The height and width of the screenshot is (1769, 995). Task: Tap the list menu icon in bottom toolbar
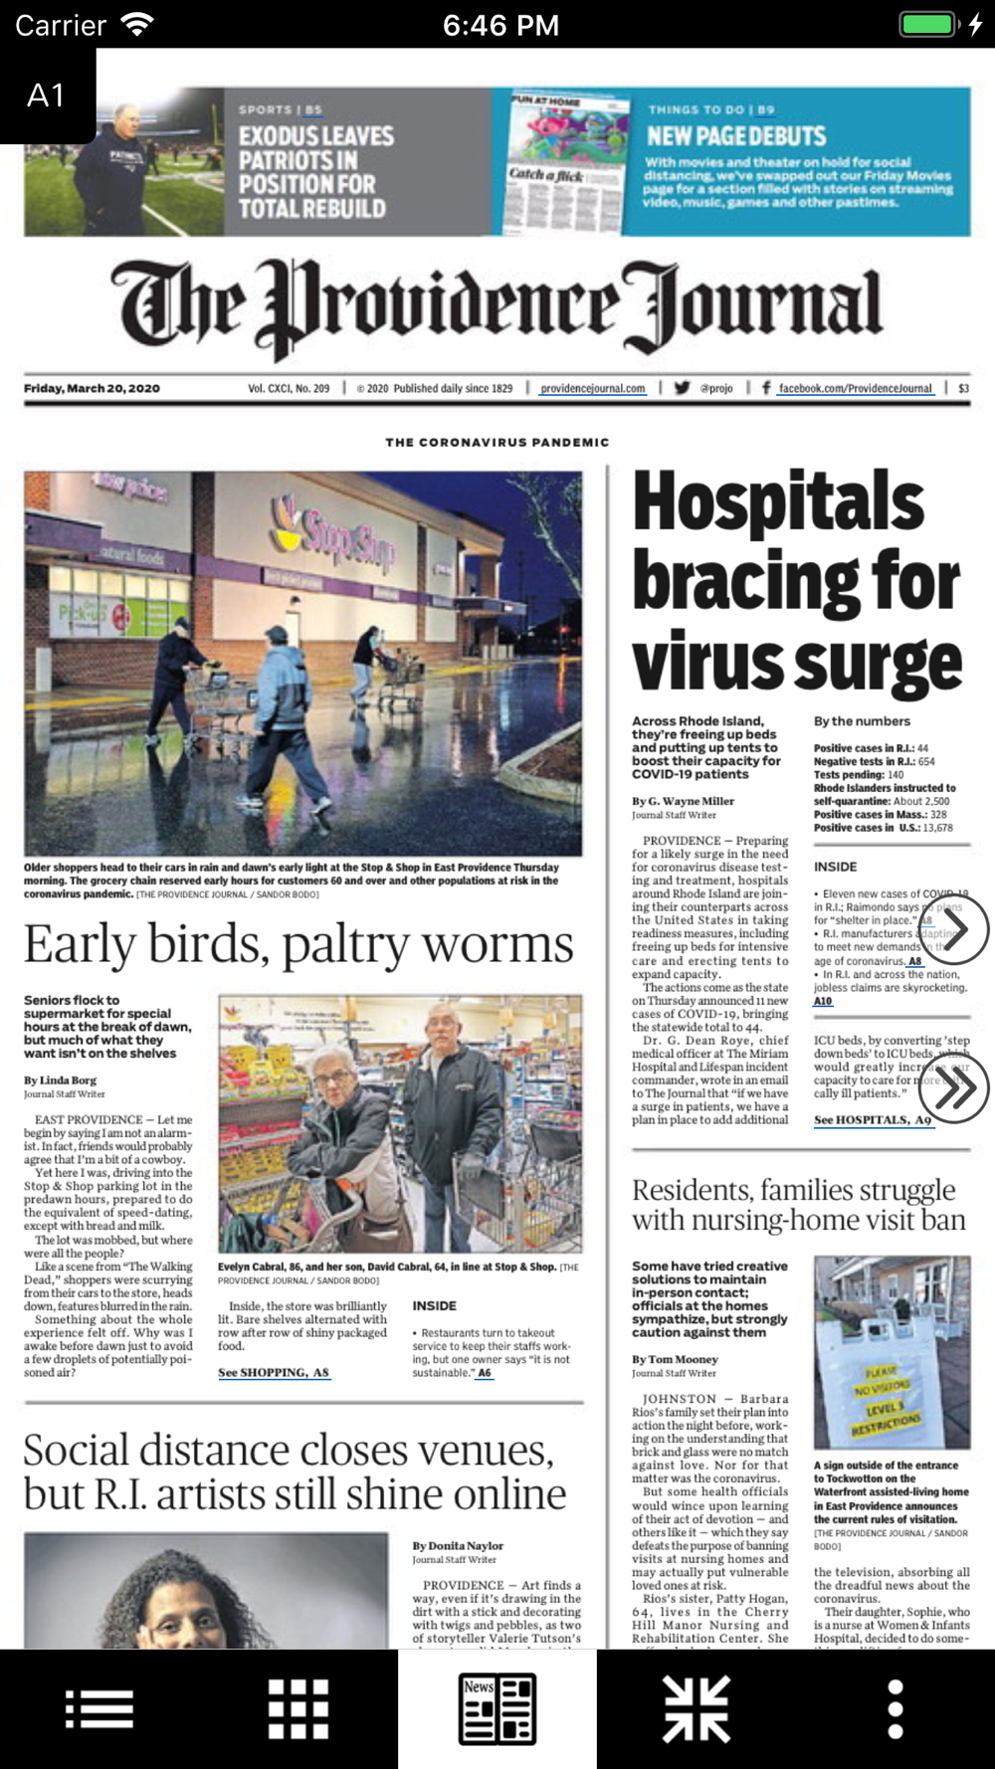pos(99,1709)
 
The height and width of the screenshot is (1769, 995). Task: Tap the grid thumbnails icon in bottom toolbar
pos(298,1709)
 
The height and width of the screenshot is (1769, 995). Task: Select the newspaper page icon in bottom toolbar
pos(497,1709)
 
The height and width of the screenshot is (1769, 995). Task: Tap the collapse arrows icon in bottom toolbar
pos(696,1709)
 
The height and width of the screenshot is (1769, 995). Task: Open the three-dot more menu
pos(895,1709)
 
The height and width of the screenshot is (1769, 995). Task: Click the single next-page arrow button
pos(954,929)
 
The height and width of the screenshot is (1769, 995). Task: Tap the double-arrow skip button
pos(954,1088)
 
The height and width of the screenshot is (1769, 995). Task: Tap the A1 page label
pos(47,96)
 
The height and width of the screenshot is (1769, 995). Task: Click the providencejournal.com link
pos(593,389)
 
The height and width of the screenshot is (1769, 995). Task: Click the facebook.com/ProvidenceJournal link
pos(855,389)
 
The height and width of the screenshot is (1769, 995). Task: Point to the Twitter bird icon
pos(682,388)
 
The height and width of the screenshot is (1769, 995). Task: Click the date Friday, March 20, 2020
pos(92,389)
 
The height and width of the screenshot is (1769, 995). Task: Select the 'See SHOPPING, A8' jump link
pos(274,1373)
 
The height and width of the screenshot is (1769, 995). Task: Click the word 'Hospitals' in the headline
pos(779,501)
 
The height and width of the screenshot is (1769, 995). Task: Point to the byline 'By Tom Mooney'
pos(675,1359)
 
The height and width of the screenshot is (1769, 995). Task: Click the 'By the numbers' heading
pos(862,721)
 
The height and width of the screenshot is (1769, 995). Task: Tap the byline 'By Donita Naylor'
pos(458,1546)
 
